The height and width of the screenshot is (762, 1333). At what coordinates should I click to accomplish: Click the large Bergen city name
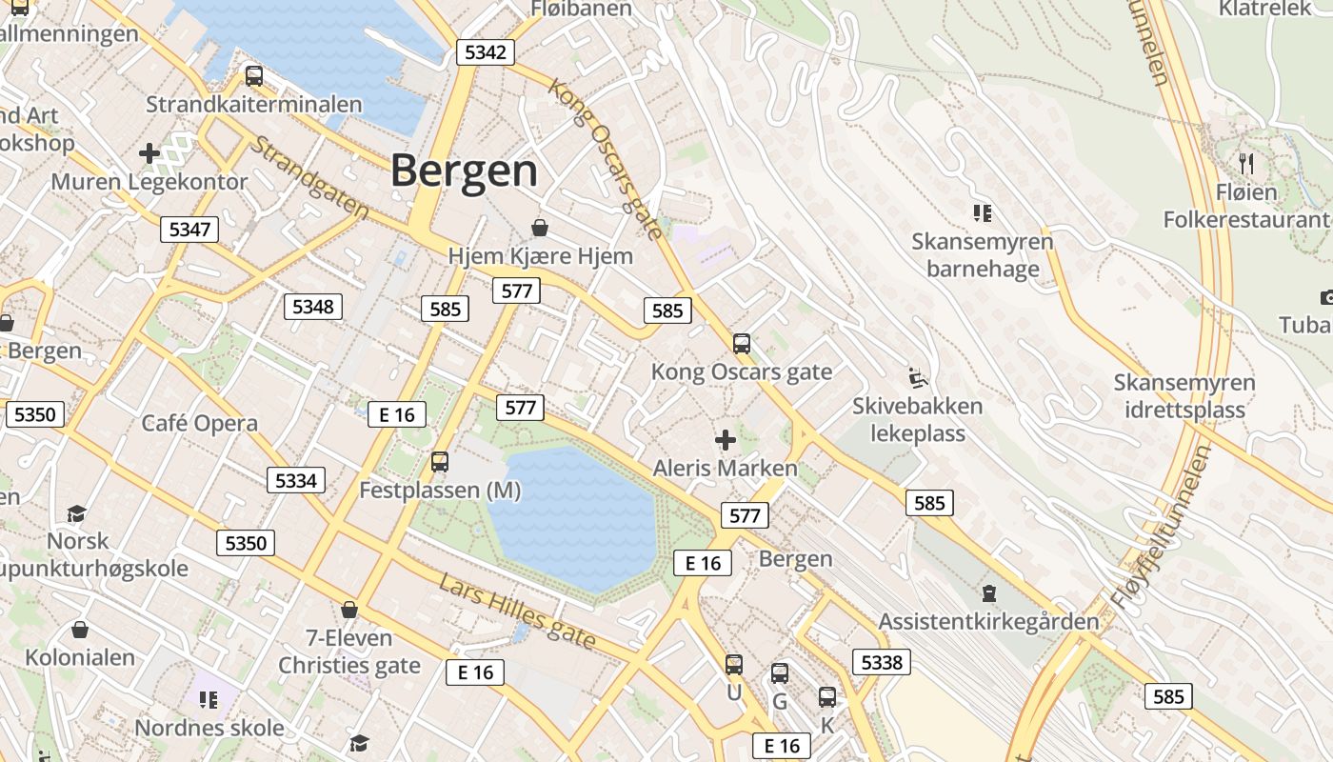[464, 171]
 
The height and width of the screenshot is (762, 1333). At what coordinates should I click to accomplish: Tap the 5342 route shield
[486, 51]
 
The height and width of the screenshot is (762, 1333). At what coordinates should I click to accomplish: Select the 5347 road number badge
[189, 229]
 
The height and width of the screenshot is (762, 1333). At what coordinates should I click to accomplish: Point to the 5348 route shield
[313, 306]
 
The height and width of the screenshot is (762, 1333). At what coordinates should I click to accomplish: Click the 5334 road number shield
[295, 480]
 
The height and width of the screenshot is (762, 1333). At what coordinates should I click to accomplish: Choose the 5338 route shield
[881, 661]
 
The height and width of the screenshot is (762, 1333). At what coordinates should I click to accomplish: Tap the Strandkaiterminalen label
[254, 105]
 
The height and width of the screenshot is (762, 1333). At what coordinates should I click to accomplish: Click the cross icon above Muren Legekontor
[149, 152]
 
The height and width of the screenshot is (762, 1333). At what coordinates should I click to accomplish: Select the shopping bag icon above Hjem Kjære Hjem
[540, 227]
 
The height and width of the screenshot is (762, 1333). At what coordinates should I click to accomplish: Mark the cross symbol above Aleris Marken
[726, 440]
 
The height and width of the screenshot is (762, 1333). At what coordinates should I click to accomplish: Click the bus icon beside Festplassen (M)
[439, 462]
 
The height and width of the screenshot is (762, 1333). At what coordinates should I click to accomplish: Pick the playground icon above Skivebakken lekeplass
[917, 378]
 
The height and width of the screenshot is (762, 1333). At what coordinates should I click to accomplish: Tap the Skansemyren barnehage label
[983, 255]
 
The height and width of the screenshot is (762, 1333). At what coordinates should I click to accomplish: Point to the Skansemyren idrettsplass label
[1184, 396]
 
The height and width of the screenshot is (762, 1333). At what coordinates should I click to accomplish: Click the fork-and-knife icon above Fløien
[1245, 163]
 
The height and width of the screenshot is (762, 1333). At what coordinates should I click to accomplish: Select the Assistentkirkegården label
[988, 622]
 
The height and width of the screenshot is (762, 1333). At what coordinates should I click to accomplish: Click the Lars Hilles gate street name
[517, 611]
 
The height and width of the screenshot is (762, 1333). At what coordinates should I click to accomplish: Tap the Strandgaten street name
[309, 177]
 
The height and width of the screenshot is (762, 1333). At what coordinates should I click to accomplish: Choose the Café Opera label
[200, 424]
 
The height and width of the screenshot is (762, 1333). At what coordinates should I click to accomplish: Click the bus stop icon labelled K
[826, 697]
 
